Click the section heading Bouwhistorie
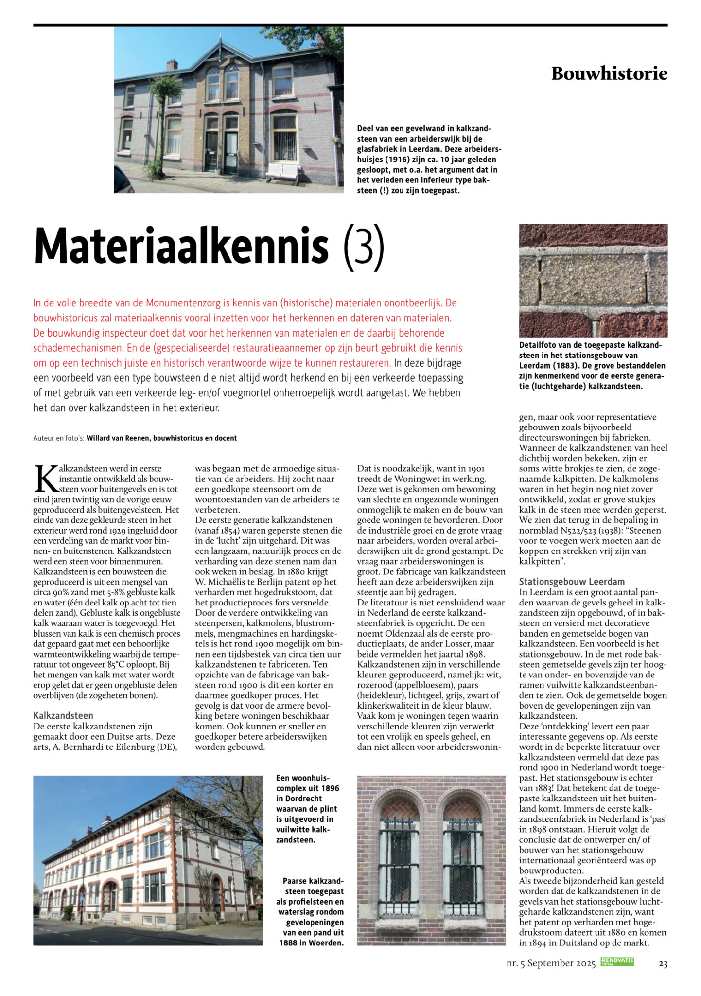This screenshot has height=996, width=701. coord(609,74)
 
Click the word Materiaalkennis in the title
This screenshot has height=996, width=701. coord(181,246)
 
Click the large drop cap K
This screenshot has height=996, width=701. coord(46,479)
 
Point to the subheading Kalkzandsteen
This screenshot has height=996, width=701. coord(63,715)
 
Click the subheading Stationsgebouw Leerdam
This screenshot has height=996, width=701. coord(572,581)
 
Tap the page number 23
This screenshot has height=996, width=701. coord(663,963)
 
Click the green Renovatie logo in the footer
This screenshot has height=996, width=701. coord(617,961)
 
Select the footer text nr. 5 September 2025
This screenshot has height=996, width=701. coord(551,963)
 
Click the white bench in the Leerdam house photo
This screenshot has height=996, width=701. coord(282,172)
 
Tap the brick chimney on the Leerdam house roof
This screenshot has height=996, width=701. coord(172,65)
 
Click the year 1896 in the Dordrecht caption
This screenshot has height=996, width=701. coord(330,788)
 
